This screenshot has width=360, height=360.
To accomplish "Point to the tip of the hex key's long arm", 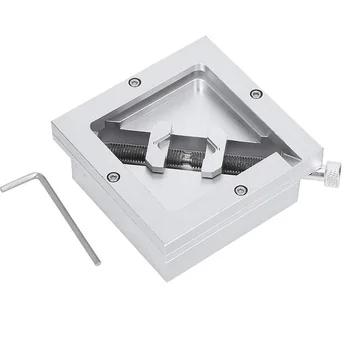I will tap(97, 262).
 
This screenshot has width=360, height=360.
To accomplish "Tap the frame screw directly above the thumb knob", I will tap(256, 93).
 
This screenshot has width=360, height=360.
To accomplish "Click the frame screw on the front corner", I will tap(239, 189).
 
